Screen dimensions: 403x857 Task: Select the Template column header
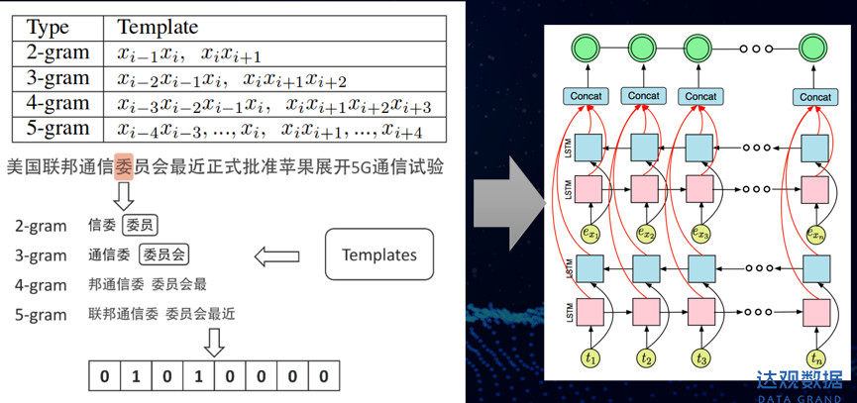pos(158,27)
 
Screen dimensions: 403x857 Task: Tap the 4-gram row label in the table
pos(57,103)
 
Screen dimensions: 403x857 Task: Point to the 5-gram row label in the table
pos(57,129)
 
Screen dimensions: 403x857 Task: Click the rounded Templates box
pos(378,255)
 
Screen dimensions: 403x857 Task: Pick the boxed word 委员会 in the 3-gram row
pos(163,255)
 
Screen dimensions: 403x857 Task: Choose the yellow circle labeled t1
pos(591,357)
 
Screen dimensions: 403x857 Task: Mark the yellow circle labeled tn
pos(815,357)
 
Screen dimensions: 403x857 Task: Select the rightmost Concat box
pos(815,96)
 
